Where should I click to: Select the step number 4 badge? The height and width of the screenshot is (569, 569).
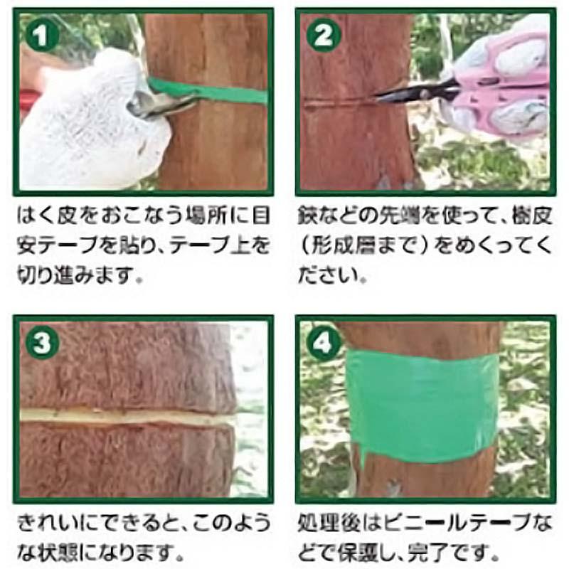pos(323,344)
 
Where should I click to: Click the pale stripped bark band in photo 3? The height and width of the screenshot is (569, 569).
pos(128,415)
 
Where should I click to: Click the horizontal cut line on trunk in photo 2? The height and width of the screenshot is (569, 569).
pos(334,102)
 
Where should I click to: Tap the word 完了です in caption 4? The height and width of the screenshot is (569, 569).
pos(455,552)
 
